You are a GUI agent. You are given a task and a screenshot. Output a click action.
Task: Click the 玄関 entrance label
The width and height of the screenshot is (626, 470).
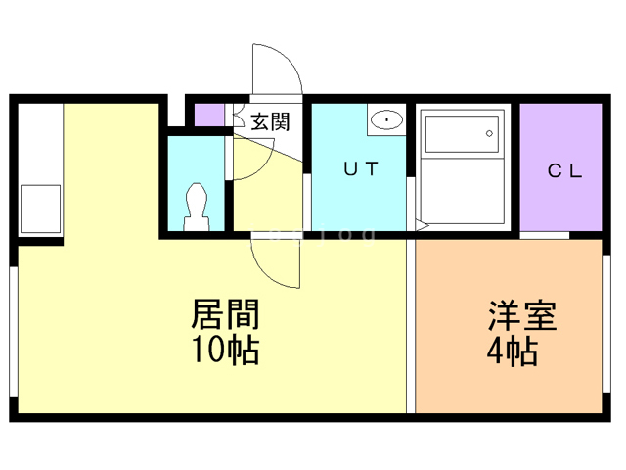(x=269, y=121)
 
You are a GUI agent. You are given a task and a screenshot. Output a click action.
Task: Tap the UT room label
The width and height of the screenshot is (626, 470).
(x=359, y=167)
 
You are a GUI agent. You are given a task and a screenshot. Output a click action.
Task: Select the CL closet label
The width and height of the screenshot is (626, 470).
(x=564, y=171)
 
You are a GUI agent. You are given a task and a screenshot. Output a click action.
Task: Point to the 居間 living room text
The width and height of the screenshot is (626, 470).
(x=225, y=315)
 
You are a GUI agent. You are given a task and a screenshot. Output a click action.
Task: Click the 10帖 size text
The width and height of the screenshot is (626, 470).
(x=225, y=350)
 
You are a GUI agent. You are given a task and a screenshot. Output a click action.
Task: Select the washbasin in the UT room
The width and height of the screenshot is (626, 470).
(x=388, y=120)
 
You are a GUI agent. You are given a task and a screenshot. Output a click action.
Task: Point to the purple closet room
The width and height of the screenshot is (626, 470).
(x=559, y=166)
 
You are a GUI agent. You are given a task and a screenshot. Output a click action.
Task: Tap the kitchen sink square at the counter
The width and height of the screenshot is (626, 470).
(x=39, y=211)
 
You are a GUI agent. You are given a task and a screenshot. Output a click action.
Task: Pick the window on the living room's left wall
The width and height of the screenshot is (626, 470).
(x=13, y=333)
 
